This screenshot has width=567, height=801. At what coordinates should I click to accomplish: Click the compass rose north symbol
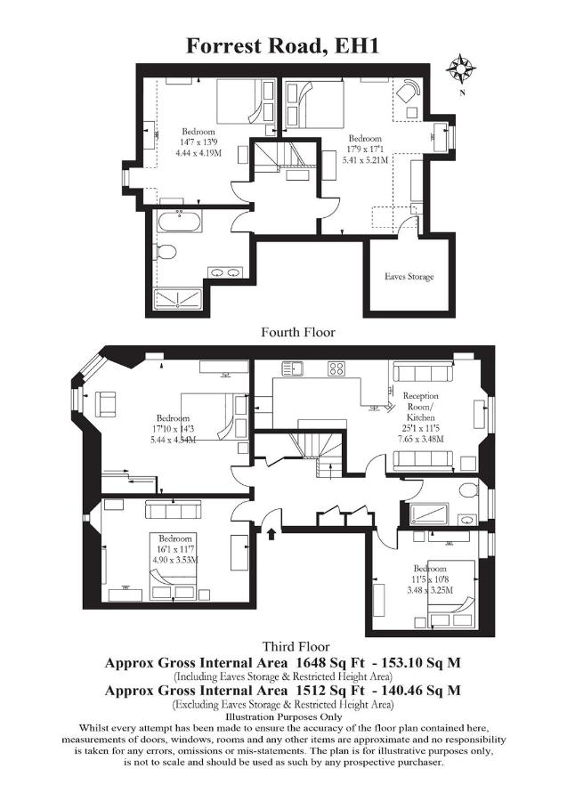[x=461, y=69]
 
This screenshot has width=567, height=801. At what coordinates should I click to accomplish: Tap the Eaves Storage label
[x=409, y=277]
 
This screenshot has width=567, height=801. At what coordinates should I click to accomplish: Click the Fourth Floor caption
[x=298, y=332]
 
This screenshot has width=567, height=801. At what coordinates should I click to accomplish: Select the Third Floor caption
[x=296, y=647]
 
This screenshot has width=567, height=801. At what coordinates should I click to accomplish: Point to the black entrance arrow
[x=271, y=534]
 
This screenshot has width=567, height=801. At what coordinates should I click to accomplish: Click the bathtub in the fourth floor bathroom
[x=179, y=222]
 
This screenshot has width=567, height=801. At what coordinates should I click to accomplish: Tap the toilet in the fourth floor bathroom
[x=165, y=252]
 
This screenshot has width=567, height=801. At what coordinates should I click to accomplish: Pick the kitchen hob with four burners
[x=336, y=368]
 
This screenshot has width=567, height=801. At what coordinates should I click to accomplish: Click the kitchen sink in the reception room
[x=292, y=368]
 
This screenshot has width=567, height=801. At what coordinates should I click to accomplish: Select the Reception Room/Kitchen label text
[x=420, y=407]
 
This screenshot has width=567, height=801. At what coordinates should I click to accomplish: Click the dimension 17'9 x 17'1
[x=365, y=150]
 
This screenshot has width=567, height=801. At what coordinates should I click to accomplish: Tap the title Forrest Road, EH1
[x=282, y=45]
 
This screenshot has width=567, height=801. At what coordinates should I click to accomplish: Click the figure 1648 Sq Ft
[x=330, y=663]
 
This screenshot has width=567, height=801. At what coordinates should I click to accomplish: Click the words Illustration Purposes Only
[x=283, y=717]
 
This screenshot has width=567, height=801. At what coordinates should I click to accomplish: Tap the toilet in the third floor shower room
[x=468, y=490]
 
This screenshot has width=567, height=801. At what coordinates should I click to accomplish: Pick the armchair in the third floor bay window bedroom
[x=106, y=403]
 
